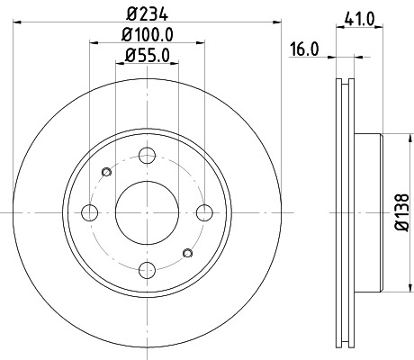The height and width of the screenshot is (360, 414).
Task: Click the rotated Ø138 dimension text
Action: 402,212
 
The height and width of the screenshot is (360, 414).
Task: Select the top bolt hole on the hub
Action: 148,155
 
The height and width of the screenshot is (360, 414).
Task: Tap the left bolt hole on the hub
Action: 90,212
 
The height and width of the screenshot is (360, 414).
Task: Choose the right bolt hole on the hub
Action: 205,212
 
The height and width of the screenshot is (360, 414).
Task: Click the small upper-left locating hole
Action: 107,172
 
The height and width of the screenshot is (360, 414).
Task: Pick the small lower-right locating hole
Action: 188,253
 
